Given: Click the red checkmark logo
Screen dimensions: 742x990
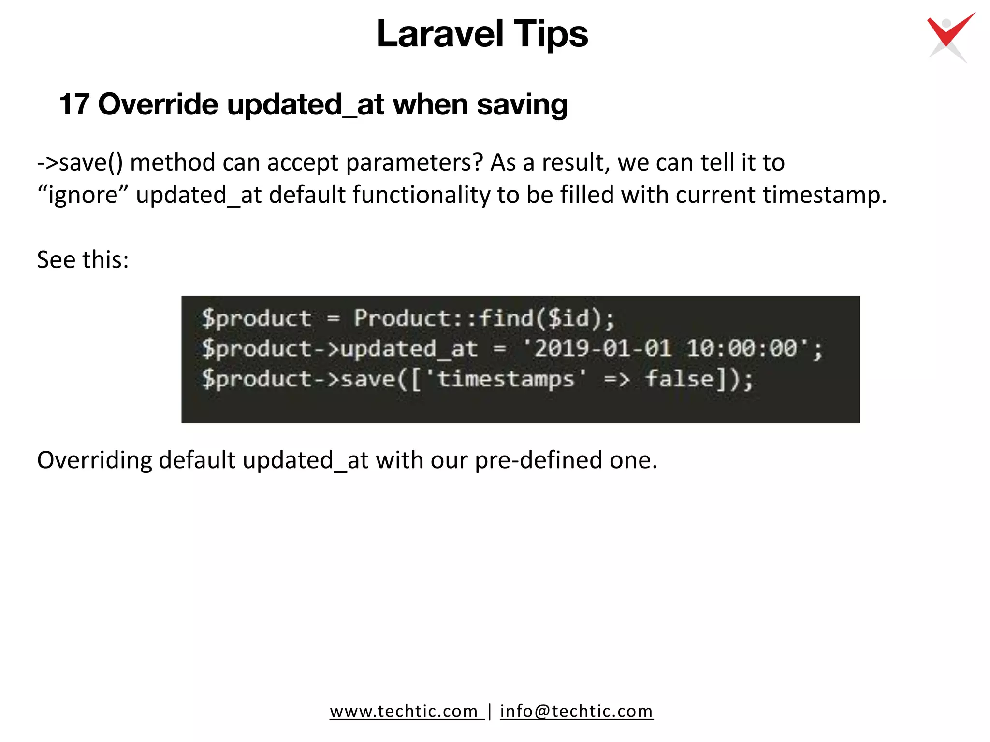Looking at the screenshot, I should [x=949, y=37].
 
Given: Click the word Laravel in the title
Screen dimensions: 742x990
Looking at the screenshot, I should [x=440, y=34].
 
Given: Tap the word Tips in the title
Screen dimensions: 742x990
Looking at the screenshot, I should [x=551, y=34].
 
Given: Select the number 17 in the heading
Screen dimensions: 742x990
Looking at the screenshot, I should [x=74, y=104].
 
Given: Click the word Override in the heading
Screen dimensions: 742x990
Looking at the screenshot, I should [x=158, y=104].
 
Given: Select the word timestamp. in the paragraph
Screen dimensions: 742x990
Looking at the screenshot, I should [x=825, y=195].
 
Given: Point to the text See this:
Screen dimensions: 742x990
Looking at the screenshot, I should [x=83, y=260].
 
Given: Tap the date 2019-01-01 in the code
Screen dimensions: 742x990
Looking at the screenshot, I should [x=602, y=348].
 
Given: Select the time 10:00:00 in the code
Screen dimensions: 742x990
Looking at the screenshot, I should [x=742, y=348].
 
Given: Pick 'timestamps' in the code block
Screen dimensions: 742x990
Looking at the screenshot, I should [x=506, y=378].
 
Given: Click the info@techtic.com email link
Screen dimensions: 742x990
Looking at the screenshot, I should [x=576, y=711].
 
